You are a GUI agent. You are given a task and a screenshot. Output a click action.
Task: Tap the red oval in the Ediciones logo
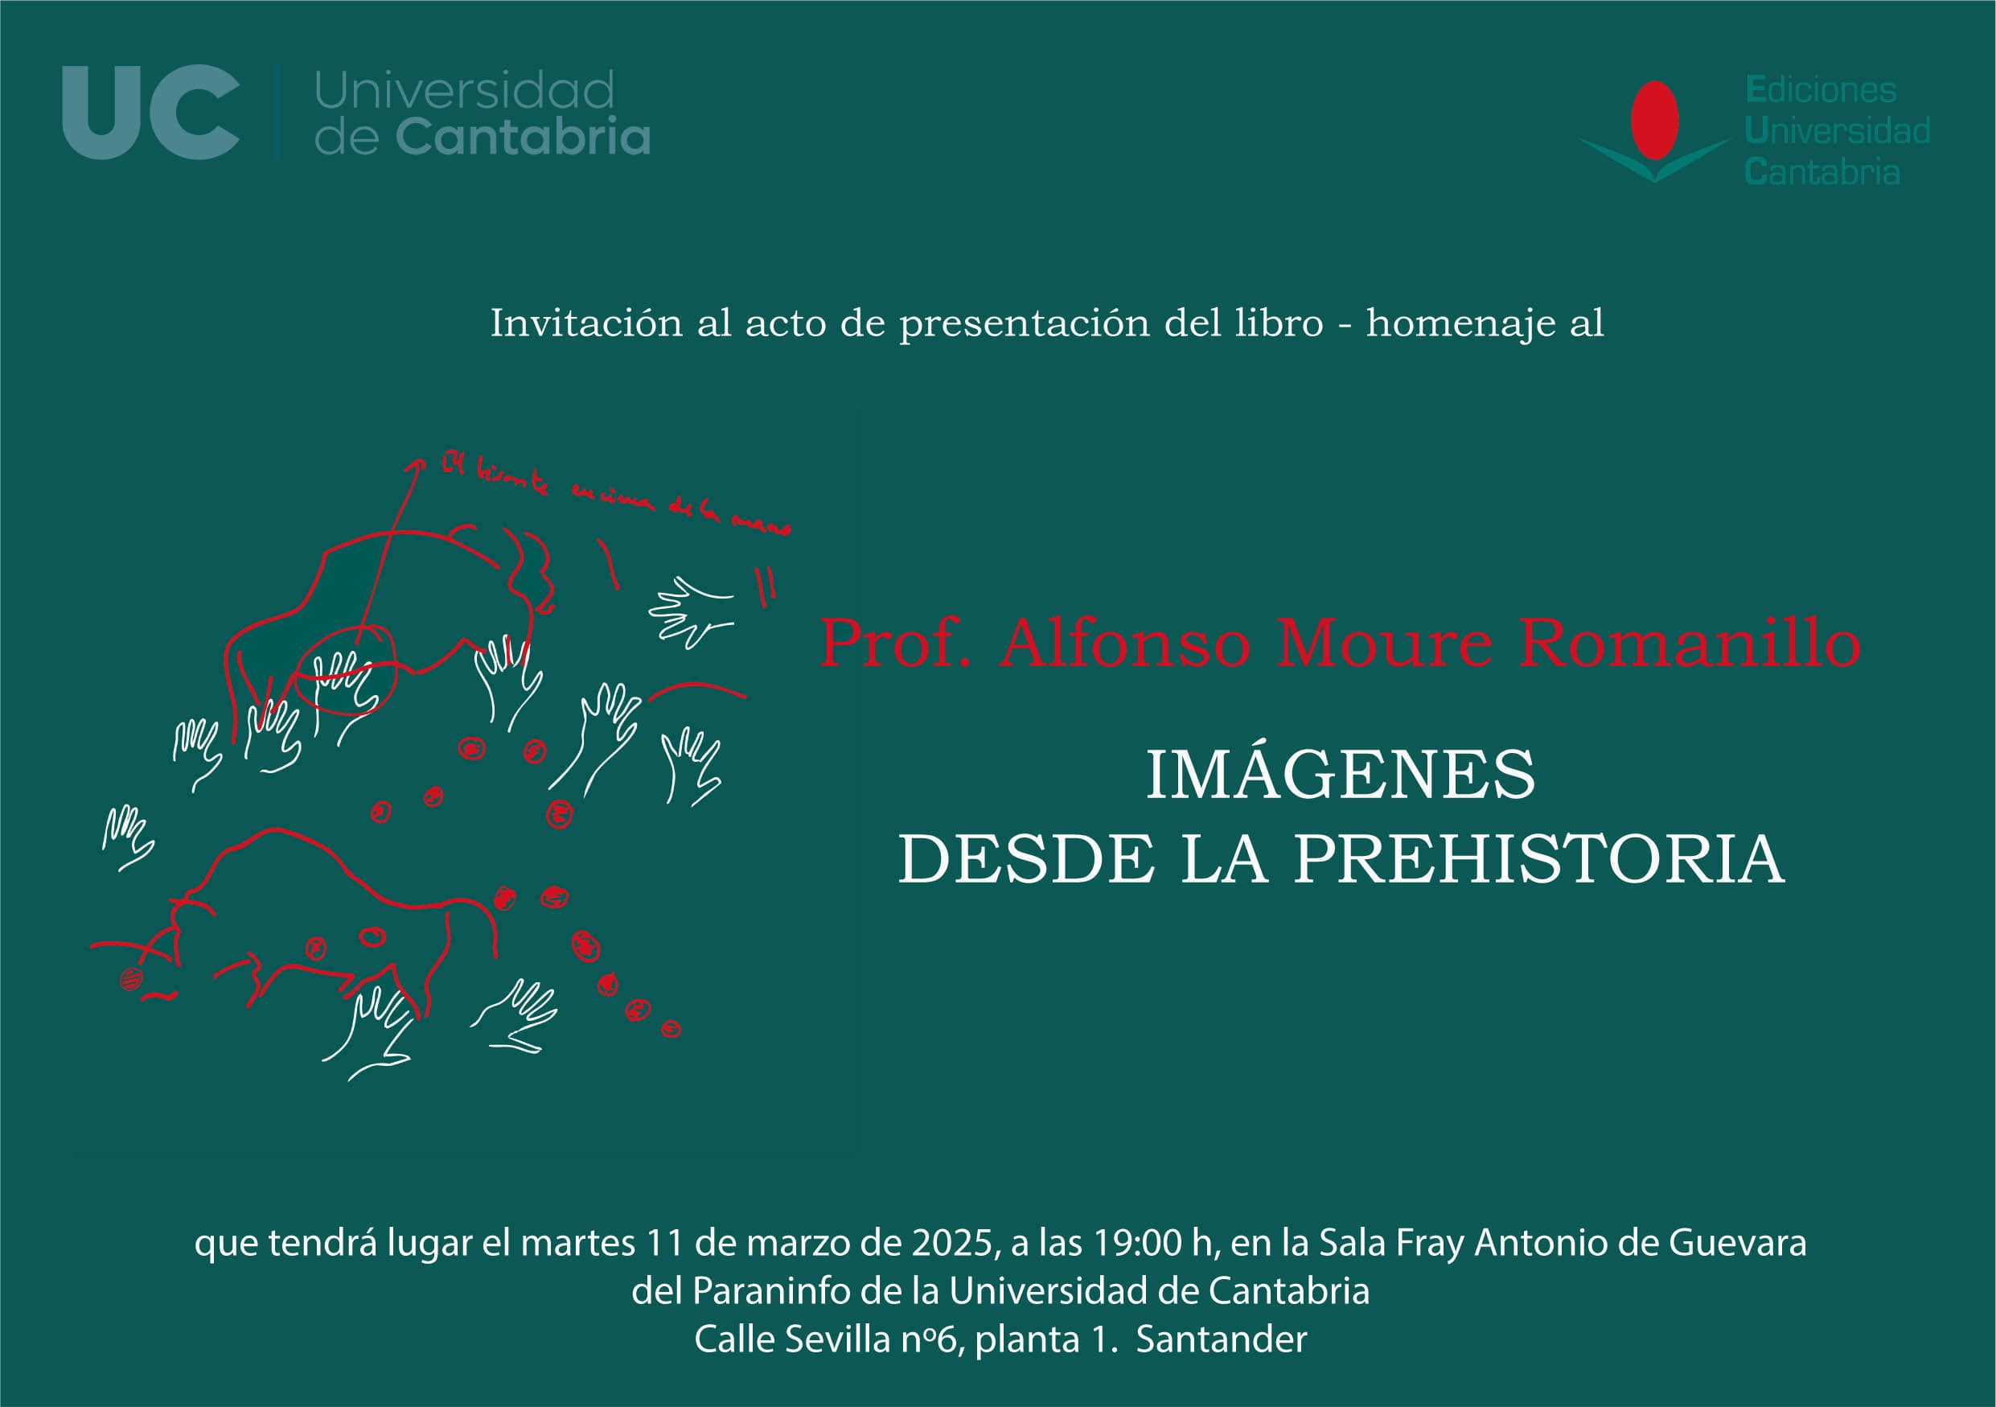(x=1654, y=120)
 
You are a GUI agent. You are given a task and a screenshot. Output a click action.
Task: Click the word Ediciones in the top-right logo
(x=1821, y=90)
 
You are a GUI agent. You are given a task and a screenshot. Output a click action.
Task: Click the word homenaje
(x=1460, y=323)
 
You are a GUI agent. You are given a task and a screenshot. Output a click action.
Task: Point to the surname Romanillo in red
(x=1689, y=644)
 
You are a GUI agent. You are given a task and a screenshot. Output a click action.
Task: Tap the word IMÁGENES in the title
(x=1341, y=775)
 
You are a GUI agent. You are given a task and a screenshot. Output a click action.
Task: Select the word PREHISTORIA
(x=1539, y=860)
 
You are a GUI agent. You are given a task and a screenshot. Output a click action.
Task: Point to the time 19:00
(x=1137, y=1243)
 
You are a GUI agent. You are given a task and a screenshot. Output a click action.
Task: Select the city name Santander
(x=1221, y=1339)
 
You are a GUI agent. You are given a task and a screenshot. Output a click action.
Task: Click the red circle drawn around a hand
(x=347, y=669)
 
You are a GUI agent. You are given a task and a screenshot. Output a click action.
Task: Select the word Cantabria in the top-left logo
(x=523, y=138)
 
